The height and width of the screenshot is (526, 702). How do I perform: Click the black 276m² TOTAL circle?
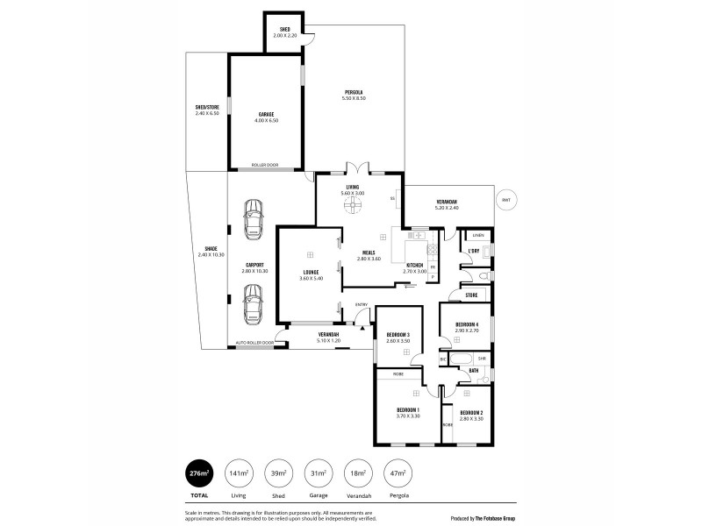pos(199,473)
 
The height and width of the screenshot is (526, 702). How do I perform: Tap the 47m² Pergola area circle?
pos(399,473)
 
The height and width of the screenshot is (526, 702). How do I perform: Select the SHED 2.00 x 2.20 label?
pos(285,32)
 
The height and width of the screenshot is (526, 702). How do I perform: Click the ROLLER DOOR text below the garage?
pos(265,165)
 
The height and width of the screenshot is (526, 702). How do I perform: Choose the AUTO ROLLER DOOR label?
pos(255,343)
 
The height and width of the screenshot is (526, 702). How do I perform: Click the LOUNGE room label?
pos(312,274)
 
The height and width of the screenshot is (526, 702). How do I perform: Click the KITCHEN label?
pos(415,267)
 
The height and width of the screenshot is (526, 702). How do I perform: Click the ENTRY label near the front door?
pos(361,304)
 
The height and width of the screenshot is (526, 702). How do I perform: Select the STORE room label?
pos(471,296)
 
